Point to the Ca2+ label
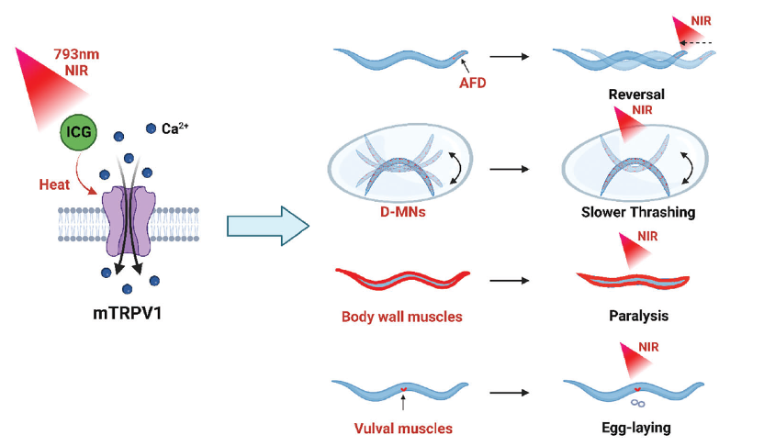point(175,129)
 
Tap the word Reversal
point(635,94)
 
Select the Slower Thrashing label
point(637,212)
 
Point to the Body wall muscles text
point(400,317)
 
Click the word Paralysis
point(637,317)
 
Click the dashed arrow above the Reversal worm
point(698,42)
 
